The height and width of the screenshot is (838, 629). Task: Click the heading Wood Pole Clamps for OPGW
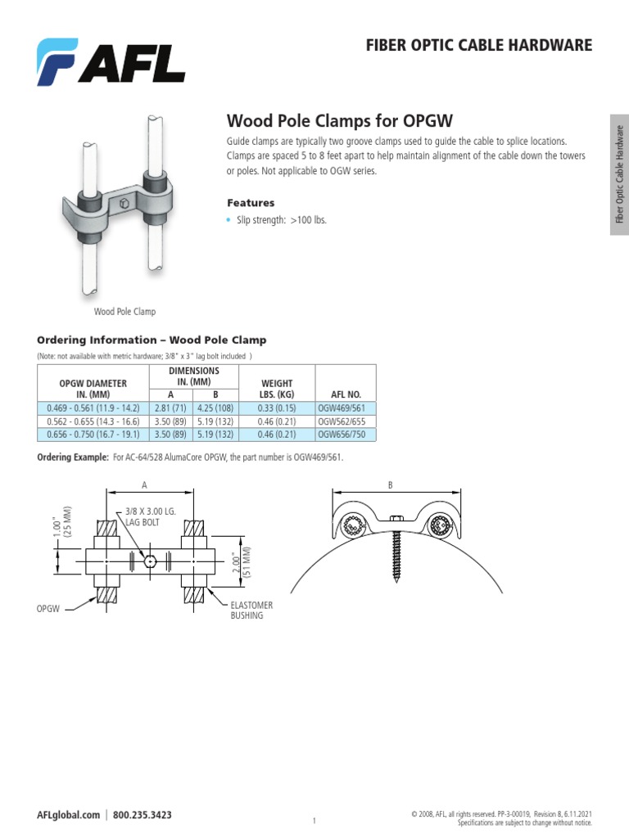[x=339, y=121]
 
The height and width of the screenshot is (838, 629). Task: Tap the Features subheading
[x=250, y=202]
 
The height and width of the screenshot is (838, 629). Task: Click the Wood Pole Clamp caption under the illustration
[x=124, y=312]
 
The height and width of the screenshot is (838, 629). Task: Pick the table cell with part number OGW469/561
[x=345, y=408]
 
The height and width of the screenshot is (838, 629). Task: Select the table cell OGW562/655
[x=345, y=421]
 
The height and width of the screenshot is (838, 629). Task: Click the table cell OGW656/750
[x=345, y=435]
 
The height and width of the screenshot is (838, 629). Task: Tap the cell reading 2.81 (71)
[x=170, y=408]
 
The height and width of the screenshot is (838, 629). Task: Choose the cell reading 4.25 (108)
[x=215, y=408]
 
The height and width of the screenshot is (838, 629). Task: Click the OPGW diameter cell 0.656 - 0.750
[x=92, y=435]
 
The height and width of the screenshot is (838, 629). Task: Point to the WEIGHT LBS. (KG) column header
[x=276, y=388]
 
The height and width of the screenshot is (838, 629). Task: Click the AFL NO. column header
[x=345, y=394]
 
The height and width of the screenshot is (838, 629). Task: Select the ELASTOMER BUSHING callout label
[x=251, y=610]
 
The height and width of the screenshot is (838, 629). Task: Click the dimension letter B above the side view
[x=391, y=485]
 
